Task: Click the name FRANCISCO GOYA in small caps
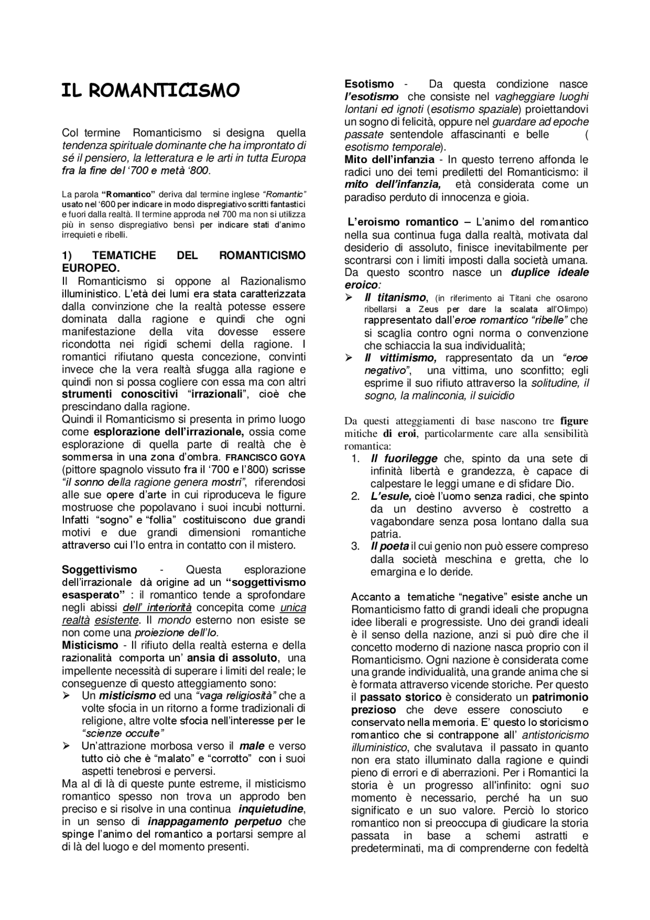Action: [266, 457]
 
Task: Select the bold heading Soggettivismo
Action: [99, 569]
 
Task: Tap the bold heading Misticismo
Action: [90, 645]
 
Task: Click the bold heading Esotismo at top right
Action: [369, 84]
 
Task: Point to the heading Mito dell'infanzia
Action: [389, 160]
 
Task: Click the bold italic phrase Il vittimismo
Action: [400, 358]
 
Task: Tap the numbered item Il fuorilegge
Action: [404, 459]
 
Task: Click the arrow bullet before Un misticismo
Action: [66, 695]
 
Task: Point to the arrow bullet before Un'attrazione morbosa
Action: [66, 746]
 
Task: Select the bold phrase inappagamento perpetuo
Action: [214, 821]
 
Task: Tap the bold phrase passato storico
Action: [401, 697]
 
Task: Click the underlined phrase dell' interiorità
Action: [157, 608]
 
